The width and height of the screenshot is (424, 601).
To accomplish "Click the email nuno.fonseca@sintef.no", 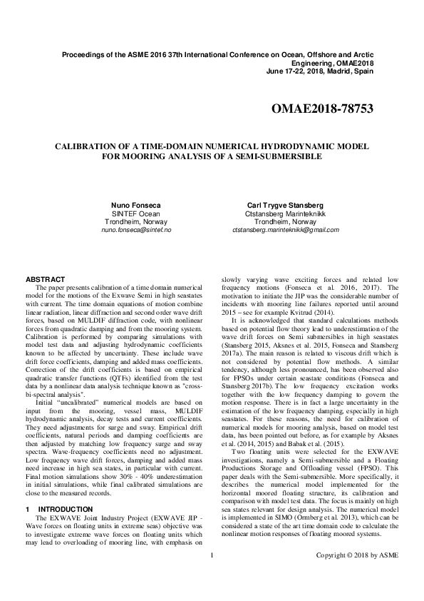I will click(x=137, y=231).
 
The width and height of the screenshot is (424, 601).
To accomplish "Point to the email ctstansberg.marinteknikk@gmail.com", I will click(x=286, y=231).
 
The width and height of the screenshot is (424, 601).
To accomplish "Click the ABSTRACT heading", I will click(x=45, y=278).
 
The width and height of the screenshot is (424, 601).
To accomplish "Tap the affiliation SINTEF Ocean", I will click(x=137, y=213).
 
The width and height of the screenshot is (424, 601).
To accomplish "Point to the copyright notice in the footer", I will click(x=357, y=574).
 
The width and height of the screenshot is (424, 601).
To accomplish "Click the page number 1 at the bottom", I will click(x=212, y=574).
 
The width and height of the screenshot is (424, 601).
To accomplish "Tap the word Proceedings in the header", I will click(x=85, y=55).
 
